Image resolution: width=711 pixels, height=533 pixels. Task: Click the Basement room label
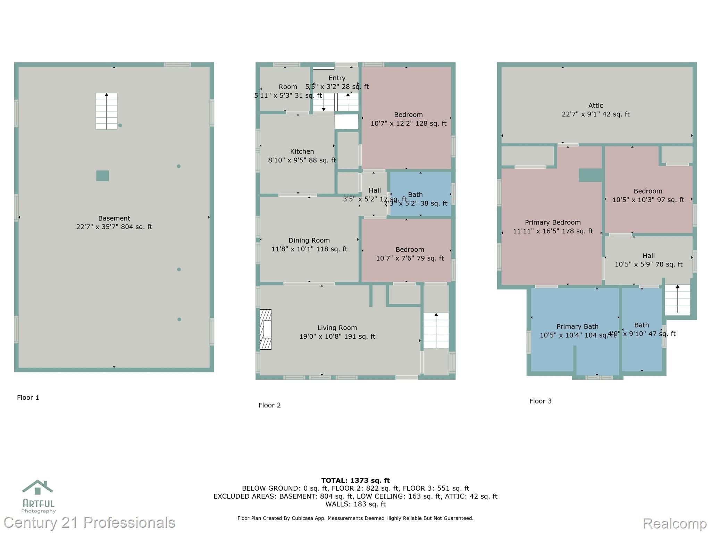point(114,218)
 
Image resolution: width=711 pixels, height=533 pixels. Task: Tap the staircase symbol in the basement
point(106,111)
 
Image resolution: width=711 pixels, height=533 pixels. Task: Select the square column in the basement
point(102,176)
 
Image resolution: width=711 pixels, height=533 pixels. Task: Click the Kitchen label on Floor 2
point(302,152)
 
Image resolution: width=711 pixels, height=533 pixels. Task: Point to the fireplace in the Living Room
point(266,329)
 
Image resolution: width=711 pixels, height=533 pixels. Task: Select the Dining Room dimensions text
point(309,249)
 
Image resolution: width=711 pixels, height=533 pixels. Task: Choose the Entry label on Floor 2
point(337,78)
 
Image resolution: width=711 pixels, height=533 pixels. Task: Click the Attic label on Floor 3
point(595,105)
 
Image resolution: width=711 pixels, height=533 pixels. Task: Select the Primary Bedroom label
point(552,222)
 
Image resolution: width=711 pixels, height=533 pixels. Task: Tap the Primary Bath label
point(577,327)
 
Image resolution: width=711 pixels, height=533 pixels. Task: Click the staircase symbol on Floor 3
point(677,299)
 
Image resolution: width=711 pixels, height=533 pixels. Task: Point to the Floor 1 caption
point(28,398)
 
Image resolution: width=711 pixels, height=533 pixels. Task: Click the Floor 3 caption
point(540,401)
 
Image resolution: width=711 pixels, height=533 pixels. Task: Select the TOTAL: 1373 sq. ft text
point(355,481)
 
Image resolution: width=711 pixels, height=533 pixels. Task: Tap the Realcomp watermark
point(675,523)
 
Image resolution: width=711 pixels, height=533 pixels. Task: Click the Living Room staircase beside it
point(436,330)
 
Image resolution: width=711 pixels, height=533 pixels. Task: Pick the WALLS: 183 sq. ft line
point(355,504)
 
